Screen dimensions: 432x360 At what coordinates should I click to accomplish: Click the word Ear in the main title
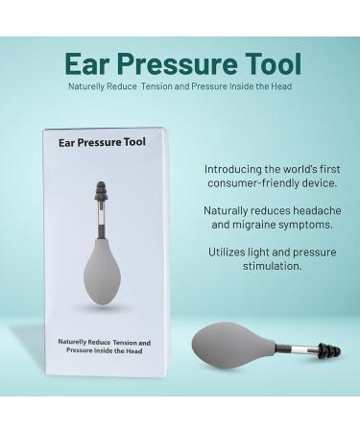pos(86,64)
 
